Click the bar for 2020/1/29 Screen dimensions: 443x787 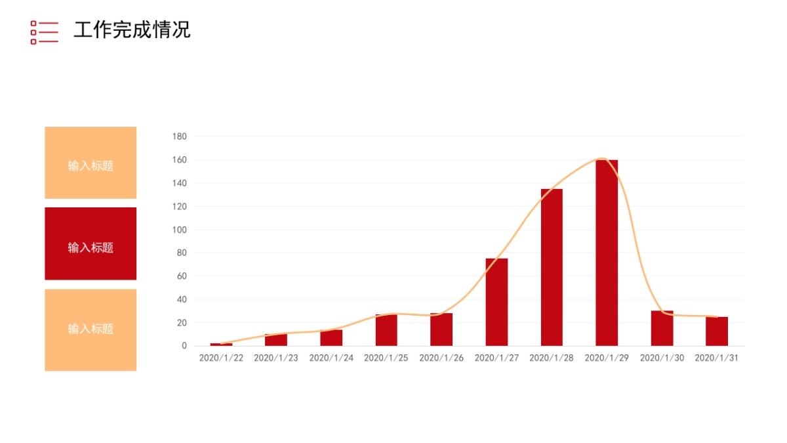tap(607, 253)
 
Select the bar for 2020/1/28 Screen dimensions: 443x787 tap(552, 267)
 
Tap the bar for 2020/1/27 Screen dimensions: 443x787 tap(496, 302)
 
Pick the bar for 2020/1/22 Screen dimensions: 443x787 tap(221, 344)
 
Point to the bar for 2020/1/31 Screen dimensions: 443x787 tap(717, 331)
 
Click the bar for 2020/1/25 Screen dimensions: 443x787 tap(386, 330)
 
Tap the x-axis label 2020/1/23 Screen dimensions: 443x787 tap(276, 358)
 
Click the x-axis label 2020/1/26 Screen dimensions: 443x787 tap(441, 358)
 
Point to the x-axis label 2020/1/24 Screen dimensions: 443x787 tap(331, 358)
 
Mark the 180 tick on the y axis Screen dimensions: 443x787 tap(179, 137)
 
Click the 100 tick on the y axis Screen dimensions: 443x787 tap(179, 230)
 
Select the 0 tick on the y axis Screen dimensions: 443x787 tap(184, 346)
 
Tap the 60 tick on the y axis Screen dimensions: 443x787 tap(182, 276)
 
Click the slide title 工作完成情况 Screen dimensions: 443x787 tap(132, 30)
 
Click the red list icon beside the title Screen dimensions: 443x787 tap(44, 32)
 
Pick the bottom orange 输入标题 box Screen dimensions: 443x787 tap(91, 329)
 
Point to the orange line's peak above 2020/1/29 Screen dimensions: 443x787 tap(602, 158)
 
